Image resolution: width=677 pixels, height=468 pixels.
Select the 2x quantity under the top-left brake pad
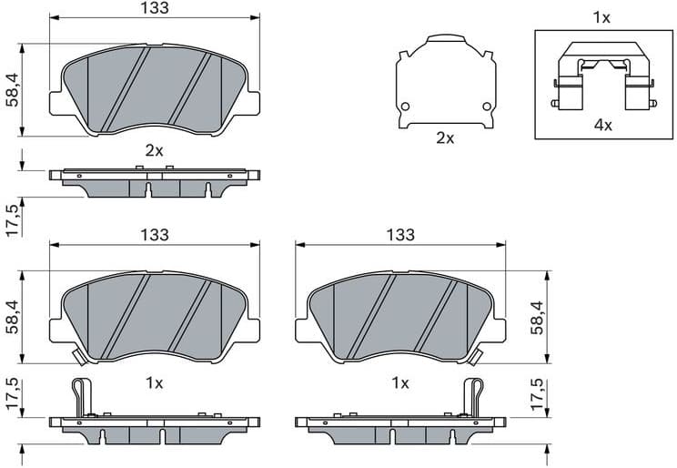click(155, 151)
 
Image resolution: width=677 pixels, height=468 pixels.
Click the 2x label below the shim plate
click(445, 138)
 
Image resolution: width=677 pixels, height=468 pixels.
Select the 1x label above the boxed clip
click(601, 17)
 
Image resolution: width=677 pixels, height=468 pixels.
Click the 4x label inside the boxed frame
click(602, 125)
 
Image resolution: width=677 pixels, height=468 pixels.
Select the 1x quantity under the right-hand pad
click(399, 383)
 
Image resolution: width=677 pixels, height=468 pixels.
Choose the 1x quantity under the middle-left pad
click(155, 383)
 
